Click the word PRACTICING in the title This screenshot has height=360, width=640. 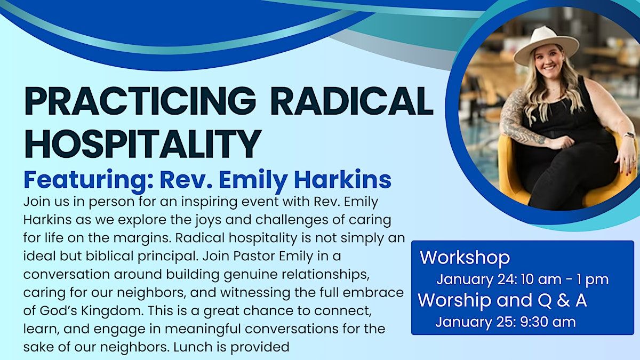(140, 101)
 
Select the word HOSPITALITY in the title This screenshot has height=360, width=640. (143, 143)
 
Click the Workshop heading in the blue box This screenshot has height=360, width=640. (465, 258)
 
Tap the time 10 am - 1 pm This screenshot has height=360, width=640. (565, 280)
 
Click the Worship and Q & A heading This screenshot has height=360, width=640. (502, 300)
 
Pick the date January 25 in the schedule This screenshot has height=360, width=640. (476, 322)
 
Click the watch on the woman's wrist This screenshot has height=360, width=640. (629, 134)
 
